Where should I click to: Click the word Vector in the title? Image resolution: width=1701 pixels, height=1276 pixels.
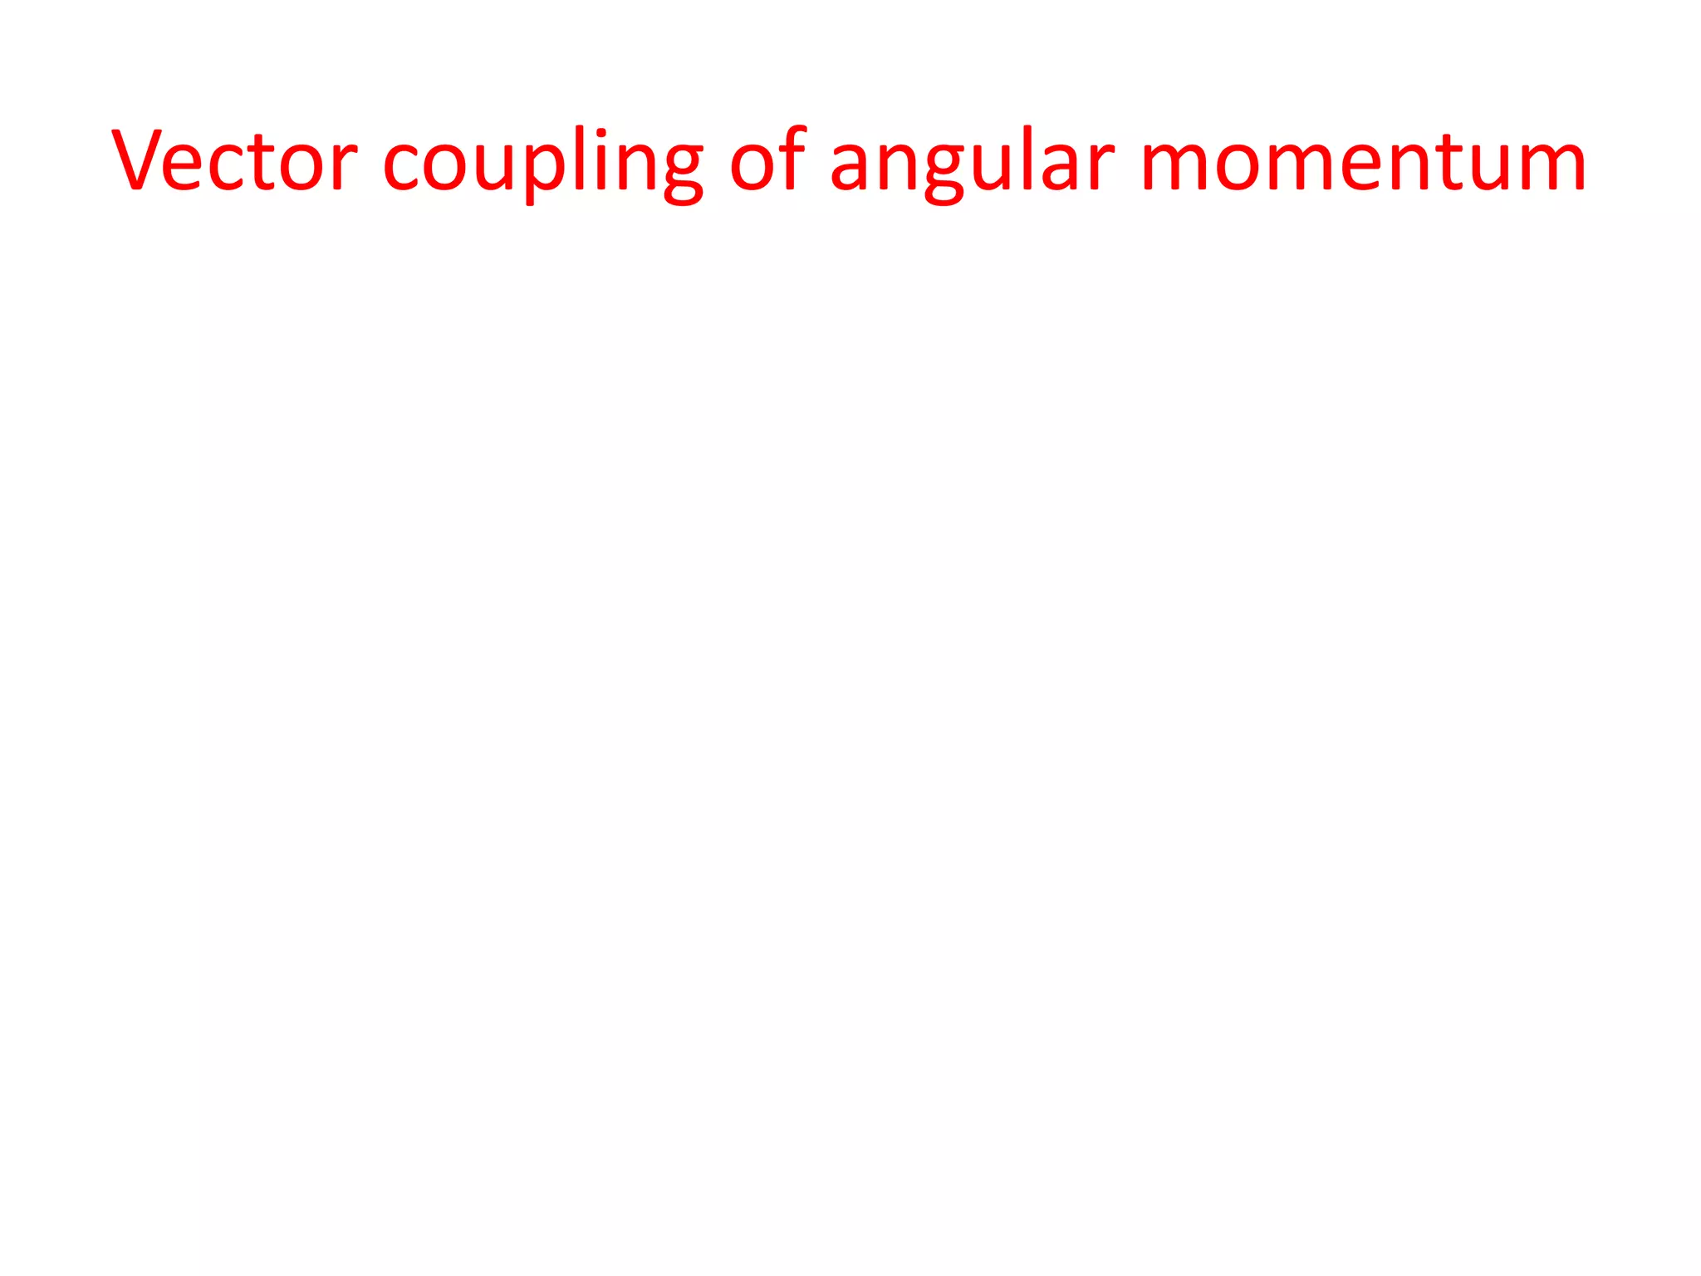[x=234, y=159]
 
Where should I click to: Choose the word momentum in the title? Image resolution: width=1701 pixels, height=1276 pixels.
[x=1363, y=162]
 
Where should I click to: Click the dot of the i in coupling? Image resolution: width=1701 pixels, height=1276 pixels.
[x=601, y=133]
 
